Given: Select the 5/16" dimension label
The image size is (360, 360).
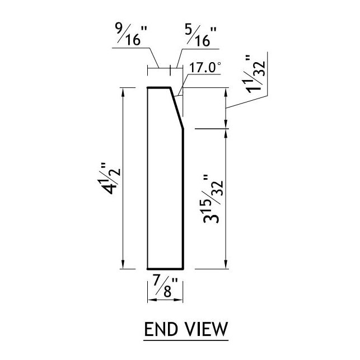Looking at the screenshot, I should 199,36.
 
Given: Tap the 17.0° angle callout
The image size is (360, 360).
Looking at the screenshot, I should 205,68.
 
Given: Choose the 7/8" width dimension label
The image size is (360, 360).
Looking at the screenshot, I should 166,289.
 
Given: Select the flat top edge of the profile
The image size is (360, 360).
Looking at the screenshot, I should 159,88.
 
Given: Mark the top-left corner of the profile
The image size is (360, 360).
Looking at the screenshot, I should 147,88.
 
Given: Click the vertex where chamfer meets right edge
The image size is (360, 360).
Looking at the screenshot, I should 184,129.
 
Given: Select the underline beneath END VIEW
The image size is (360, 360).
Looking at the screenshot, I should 186,339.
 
